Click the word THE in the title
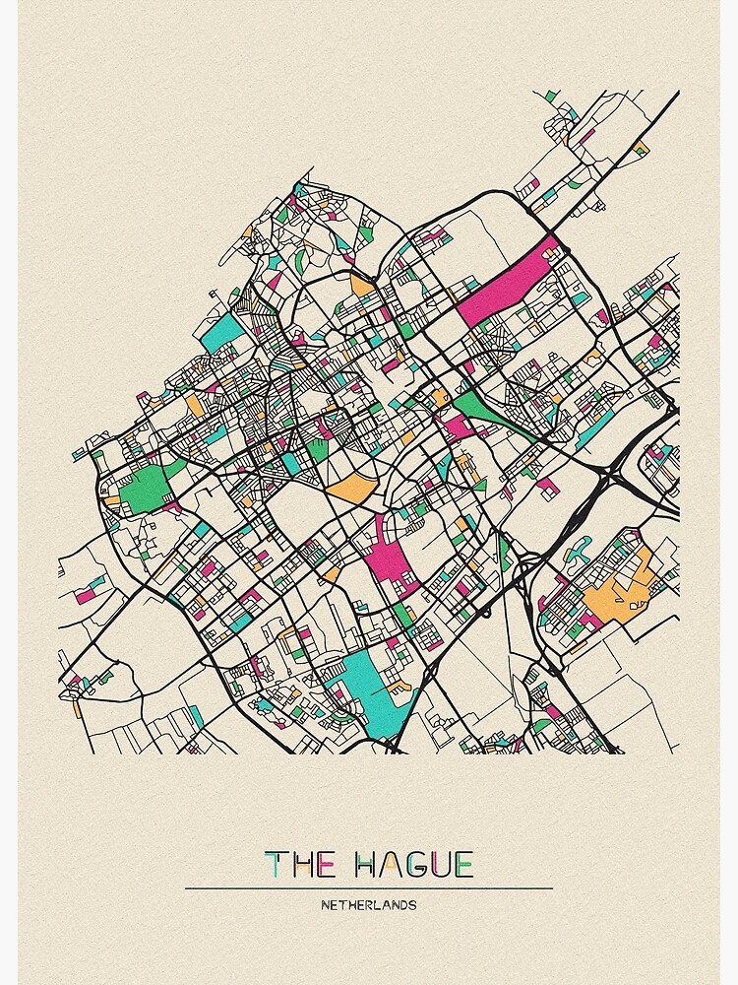301,865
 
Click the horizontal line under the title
368,887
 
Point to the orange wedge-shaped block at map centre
352,487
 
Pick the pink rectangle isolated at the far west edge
88,595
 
